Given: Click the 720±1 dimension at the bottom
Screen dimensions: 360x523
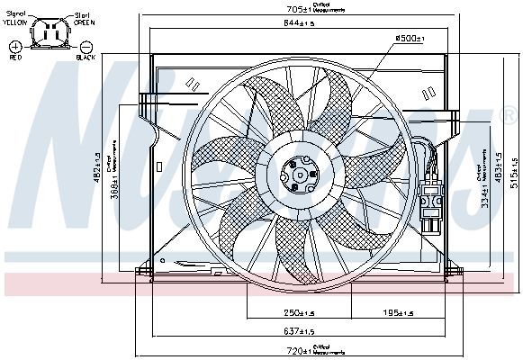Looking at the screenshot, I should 297,349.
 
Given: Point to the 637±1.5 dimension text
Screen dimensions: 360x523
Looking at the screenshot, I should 297,329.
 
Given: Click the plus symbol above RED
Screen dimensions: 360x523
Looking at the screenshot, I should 15,45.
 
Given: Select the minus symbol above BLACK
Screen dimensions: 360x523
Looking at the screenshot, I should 86,45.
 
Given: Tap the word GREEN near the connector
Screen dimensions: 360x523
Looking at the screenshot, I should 84,23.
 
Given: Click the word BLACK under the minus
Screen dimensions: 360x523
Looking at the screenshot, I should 86,57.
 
